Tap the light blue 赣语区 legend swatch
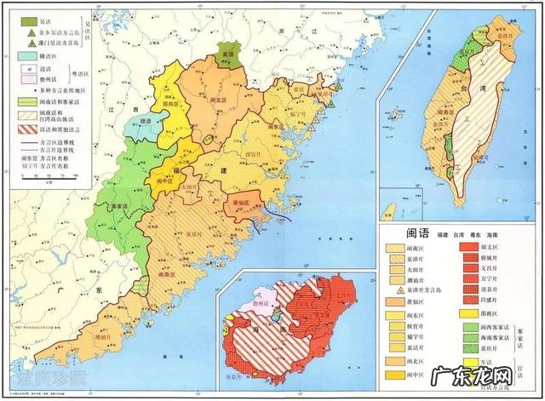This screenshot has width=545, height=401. coord(26,54)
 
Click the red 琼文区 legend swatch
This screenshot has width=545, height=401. coord(468,245)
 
